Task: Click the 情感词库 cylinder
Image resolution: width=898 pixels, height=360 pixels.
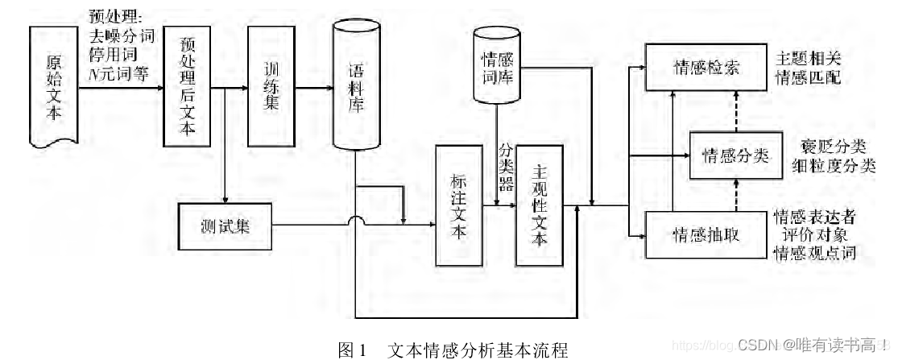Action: (x=499, y=68)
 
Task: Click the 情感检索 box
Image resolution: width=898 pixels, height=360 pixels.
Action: (x=703, y=68)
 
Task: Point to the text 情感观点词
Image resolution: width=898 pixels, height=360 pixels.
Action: (x=813, y=253)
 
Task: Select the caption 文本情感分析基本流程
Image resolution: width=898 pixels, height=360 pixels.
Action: (x=478, y=350)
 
